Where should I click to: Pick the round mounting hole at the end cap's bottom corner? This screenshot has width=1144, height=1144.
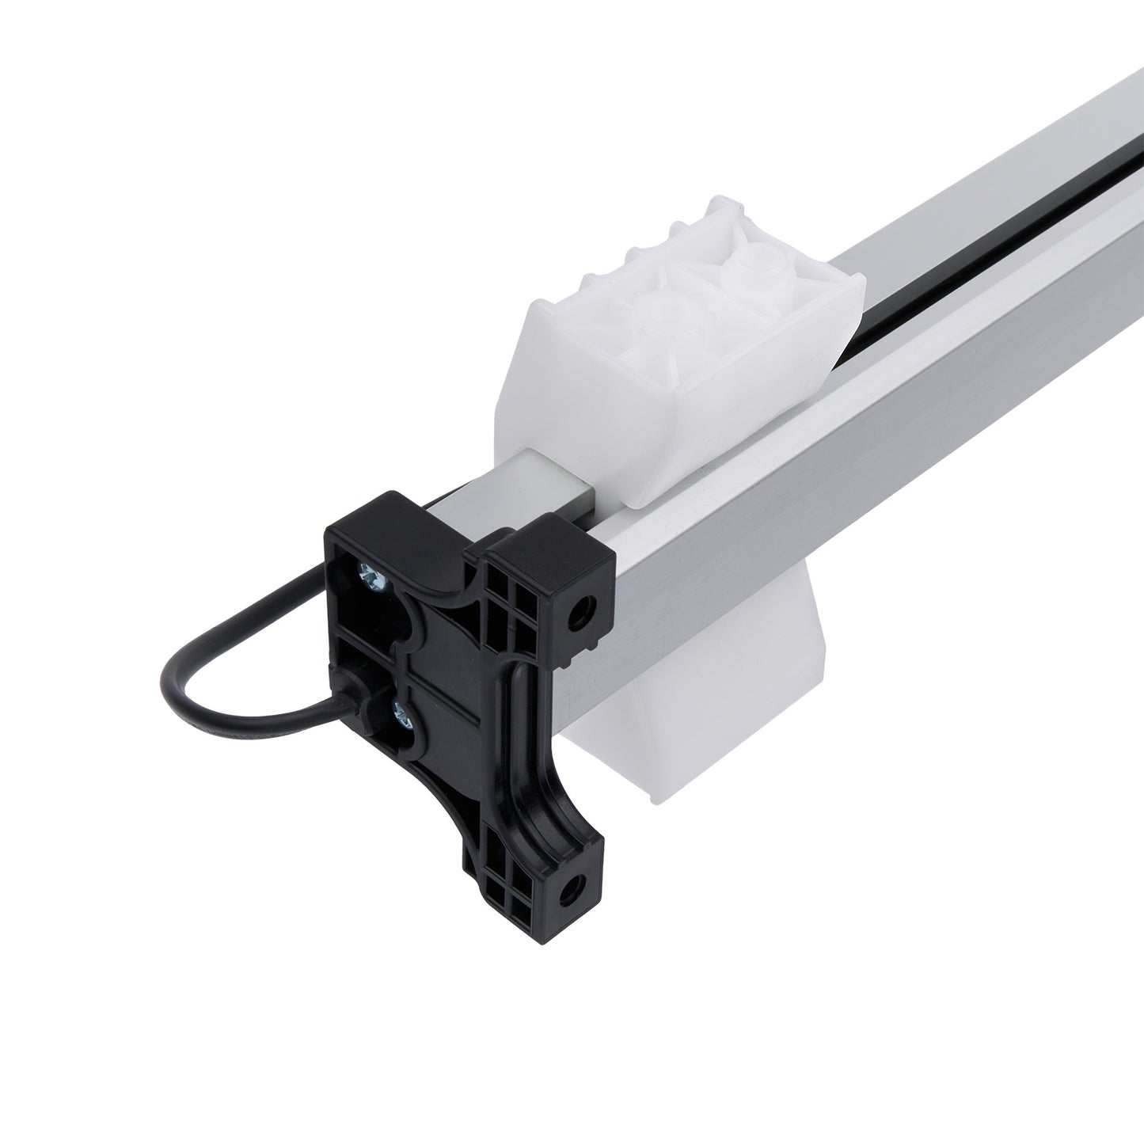tap(570, 891)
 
